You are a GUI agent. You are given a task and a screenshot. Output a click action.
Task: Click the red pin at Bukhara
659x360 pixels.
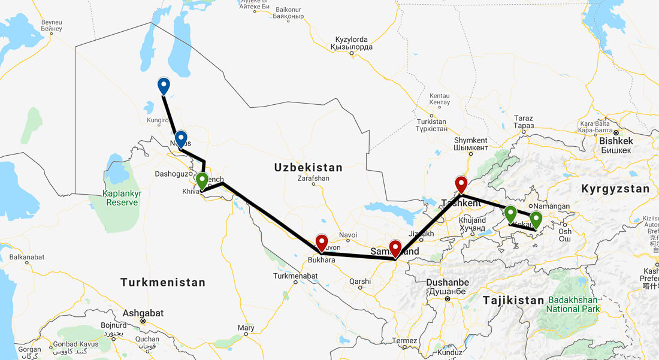coord(322,243)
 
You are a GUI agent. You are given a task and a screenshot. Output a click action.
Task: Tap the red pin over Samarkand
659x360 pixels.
coord(395,248)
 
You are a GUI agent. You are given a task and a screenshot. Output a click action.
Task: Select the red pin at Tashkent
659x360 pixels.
coord(461,184)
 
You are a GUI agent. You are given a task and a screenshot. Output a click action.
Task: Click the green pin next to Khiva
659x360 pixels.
coord(202,180)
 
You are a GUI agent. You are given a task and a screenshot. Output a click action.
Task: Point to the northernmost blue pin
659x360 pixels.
coord(163,86)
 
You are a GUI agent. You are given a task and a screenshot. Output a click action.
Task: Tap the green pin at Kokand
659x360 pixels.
coord(510,213)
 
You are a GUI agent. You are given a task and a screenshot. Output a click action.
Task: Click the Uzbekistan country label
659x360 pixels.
coord(308,168)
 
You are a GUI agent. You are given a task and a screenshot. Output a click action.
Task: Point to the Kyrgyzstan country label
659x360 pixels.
coord(615,189)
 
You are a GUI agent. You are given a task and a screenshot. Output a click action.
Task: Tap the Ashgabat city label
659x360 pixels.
coord(143,313)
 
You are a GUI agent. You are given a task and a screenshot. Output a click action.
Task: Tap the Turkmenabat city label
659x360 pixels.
coord(294,276)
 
